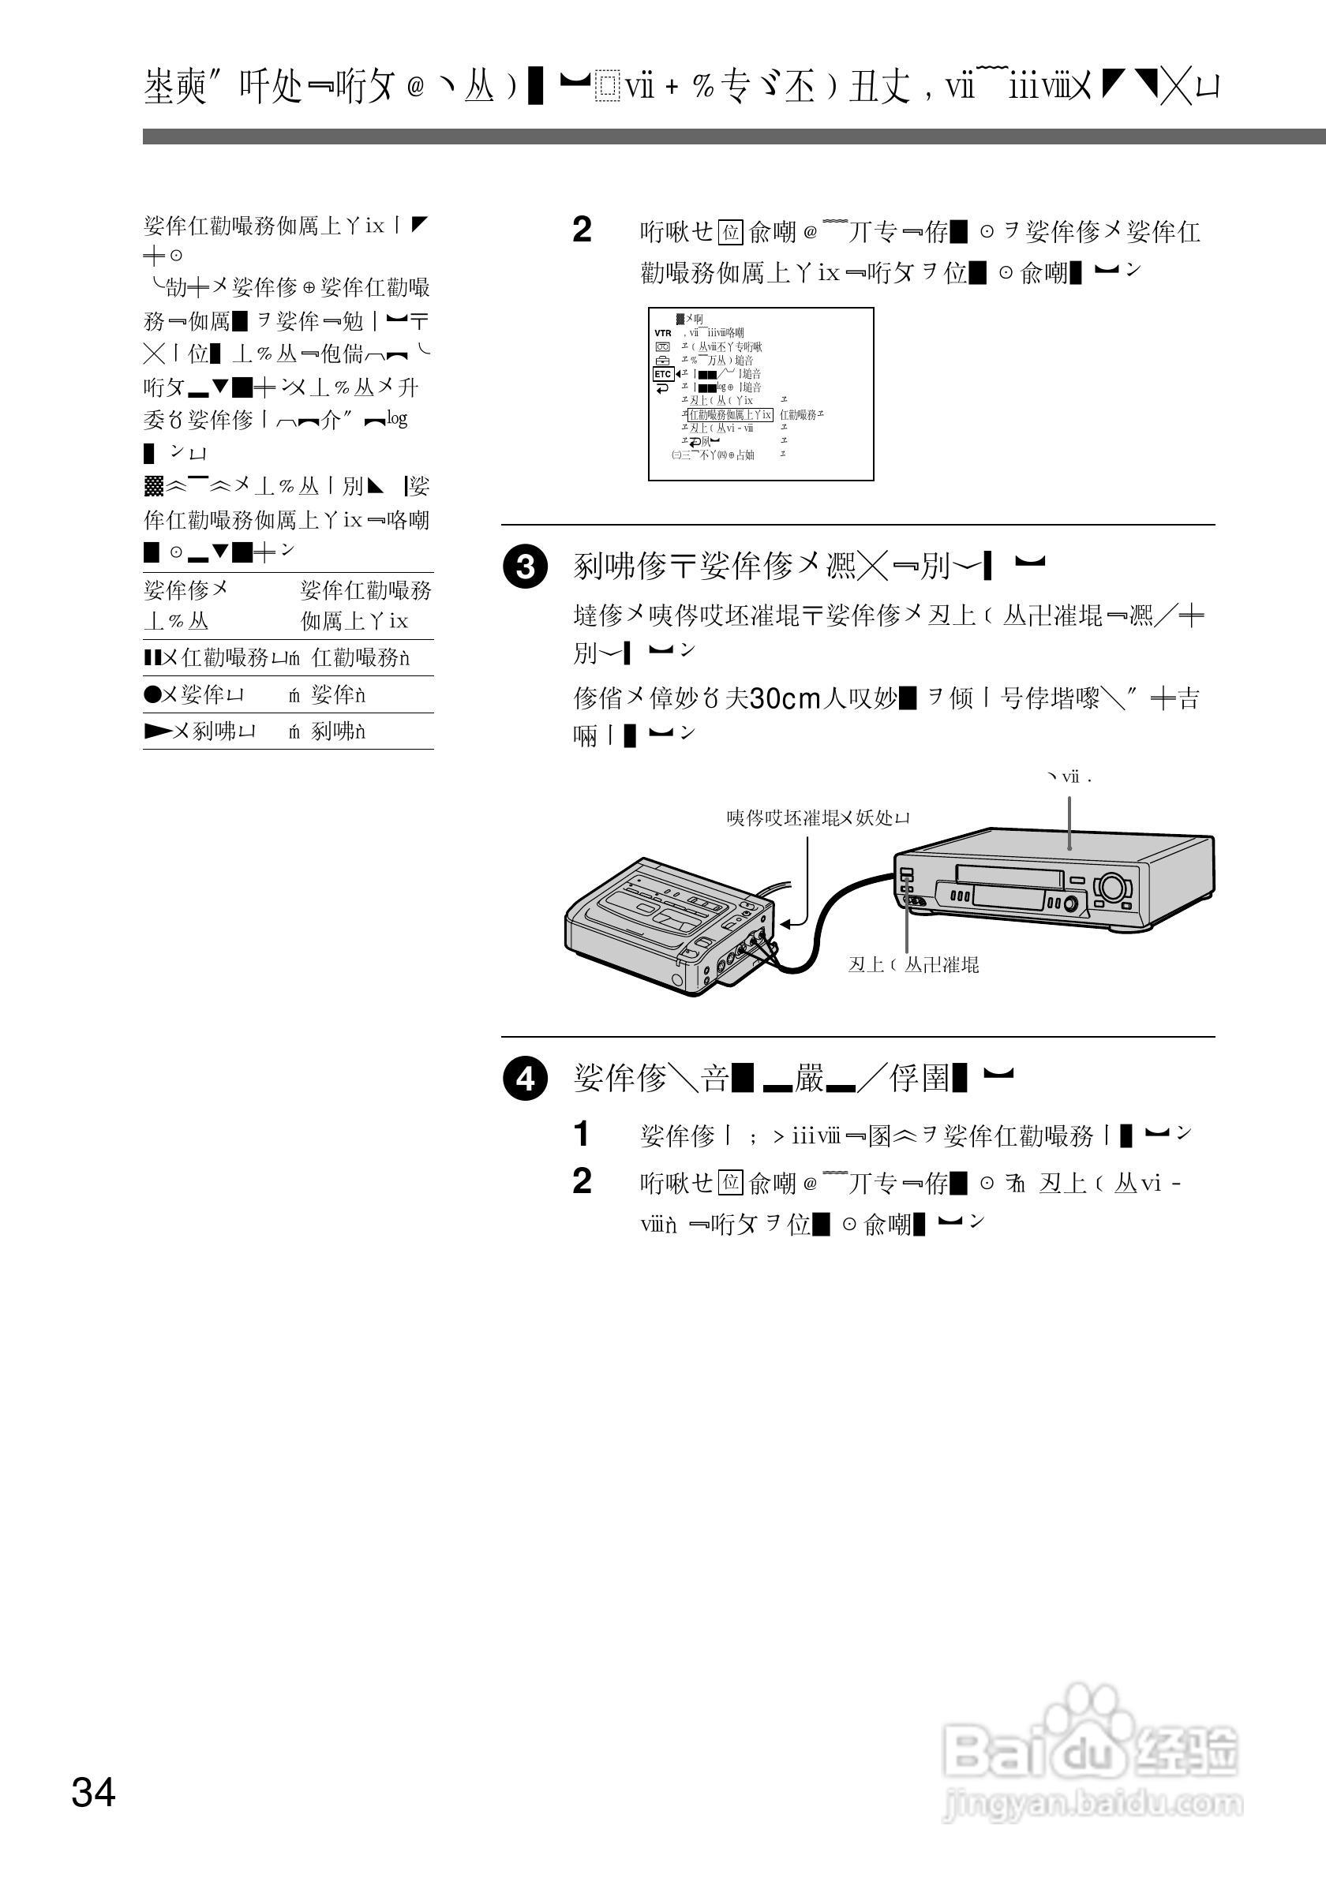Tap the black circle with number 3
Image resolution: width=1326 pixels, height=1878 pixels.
pos(525,567)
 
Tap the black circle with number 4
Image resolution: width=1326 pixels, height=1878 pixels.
pos(525,1079)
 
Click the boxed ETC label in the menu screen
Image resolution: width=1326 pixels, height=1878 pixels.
pos(662,374)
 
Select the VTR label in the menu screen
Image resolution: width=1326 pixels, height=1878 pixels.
pos(662,333)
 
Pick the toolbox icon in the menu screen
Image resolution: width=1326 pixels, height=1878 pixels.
pos(662,360)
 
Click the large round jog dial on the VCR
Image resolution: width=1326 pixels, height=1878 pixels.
pos(1113,886)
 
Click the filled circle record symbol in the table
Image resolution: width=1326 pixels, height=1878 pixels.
pos(151,694)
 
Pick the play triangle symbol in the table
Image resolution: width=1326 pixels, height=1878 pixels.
pos(155,731)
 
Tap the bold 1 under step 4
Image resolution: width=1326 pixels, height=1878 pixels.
pos(582,1135)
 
